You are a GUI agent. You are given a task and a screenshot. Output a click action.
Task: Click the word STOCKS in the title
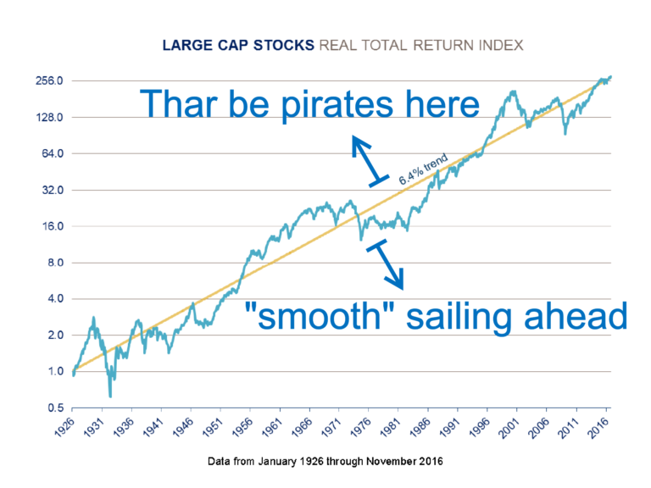click(x=284, y=45)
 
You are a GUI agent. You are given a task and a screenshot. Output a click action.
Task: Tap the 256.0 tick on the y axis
click(x=49, y=80)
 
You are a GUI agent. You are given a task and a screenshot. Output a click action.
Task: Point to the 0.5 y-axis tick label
click(x=56, y=408)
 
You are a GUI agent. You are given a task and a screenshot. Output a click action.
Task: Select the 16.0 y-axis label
click(x=53, y=226)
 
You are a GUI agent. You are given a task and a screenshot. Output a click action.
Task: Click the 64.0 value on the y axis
click(x=53, y=153)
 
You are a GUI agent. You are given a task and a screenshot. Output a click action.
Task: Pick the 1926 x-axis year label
click(x=64, y=427)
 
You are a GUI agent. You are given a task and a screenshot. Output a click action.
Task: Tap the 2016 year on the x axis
click(x=599, y=427)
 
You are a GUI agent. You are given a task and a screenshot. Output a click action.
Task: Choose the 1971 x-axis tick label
click(x=331, y=427)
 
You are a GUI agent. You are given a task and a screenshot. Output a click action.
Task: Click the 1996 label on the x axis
click(x=480, y=427)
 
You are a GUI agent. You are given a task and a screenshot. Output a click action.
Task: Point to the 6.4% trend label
click(x=424, y=169)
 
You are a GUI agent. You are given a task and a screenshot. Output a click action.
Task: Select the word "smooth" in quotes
click(x=313, y=316)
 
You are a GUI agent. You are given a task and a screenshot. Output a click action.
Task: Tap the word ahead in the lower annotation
click(x=576, y=315)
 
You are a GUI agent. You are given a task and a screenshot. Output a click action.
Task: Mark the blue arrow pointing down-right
click(x=386, y=264)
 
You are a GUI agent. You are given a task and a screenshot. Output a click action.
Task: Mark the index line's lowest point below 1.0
click(x=110, y=396)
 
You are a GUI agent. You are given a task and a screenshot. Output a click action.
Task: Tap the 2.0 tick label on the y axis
click(x=56, y=335)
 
